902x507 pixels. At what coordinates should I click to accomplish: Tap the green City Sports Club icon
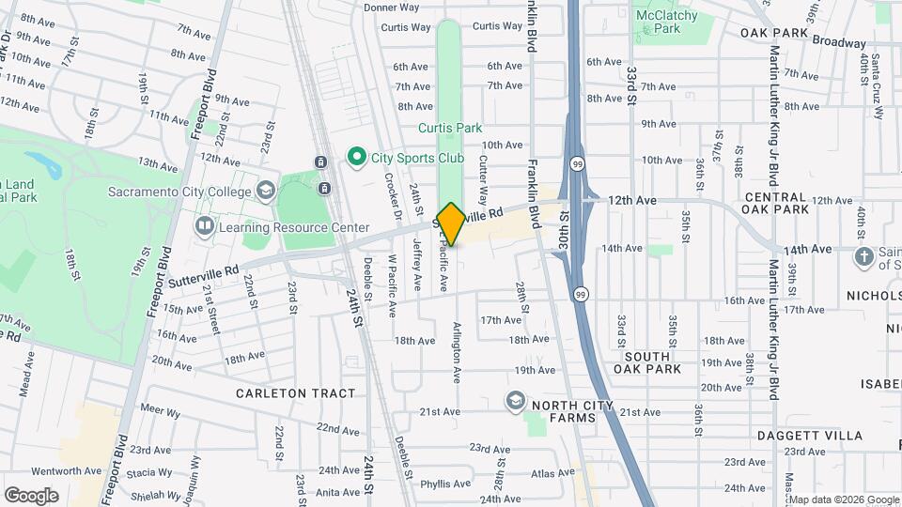pos(356,157)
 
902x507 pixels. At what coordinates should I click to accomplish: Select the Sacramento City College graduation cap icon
pos(266,192)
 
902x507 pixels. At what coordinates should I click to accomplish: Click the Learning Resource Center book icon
pos(204,227)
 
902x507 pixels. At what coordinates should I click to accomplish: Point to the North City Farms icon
pos(515,401)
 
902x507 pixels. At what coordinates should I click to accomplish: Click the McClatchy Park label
pos(666,22)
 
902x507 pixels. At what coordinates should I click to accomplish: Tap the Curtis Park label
pos(449,128)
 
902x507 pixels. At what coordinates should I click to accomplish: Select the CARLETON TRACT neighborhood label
pos(296,393)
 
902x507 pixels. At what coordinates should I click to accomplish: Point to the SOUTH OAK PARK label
pos(647,362)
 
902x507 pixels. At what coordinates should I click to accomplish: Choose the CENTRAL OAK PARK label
pos(776,203)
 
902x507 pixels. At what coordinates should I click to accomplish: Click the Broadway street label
pos(839,43)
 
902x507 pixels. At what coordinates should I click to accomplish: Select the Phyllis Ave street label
pos(445,484)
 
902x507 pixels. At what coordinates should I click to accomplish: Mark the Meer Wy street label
pos(160,410)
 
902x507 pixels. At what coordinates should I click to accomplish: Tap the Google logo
pos(31,495)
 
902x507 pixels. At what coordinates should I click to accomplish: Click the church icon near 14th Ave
pos(864,256)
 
